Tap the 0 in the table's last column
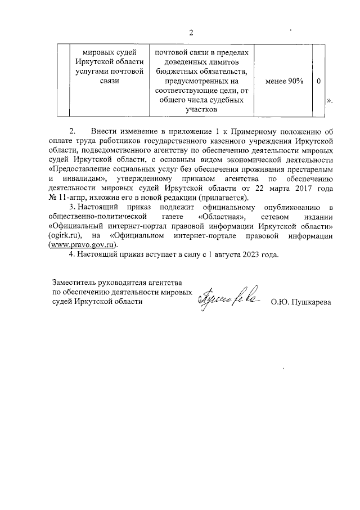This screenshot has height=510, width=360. (x=318, y=81)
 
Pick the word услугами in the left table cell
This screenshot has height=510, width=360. (x=90, y=71)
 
